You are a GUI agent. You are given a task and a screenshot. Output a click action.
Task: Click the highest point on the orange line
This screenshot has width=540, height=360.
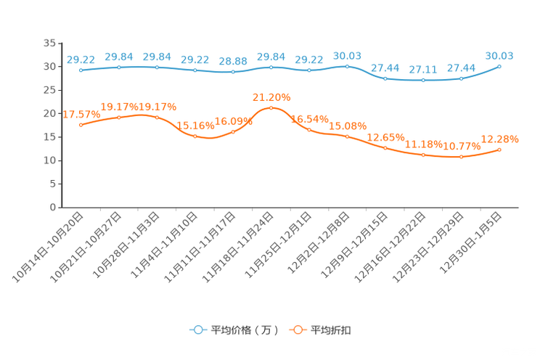click(x=271, y=107)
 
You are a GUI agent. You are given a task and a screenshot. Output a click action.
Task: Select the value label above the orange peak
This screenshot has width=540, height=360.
click(x=271, y=97)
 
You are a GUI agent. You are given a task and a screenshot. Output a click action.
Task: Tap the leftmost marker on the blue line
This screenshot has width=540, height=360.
click(x=81, y=70)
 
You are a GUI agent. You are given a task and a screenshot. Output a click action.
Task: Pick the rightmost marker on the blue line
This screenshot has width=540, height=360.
click(x=499, y=66)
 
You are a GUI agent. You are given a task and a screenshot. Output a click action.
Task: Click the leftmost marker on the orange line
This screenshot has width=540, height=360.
click(x=81, y=125)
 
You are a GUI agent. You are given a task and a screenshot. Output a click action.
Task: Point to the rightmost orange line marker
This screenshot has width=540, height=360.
click(x=499, y=150)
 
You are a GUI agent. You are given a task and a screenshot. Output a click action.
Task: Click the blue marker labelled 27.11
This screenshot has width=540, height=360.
click(x=423, y=79)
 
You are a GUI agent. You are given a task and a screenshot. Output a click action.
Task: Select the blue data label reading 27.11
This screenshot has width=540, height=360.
click(x=422, y=69)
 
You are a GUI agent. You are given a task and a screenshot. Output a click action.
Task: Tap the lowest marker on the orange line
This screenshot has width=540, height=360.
click(x=461, y=157)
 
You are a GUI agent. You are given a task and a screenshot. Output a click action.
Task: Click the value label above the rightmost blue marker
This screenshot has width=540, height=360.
click(x=499, y=54)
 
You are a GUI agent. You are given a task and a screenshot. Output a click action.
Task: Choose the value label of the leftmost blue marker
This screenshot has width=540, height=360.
click(x=81, y=59)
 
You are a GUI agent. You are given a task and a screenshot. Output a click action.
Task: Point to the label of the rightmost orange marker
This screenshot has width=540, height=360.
click(x=501, y=139)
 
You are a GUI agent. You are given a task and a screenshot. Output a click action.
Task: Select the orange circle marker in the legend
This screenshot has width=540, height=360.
click(x=297, y=330)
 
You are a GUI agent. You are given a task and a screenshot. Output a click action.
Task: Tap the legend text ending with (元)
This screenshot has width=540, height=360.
click(x=245, y=330)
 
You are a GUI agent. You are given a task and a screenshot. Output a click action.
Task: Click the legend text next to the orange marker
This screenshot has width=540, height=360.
click(x=332, y=330)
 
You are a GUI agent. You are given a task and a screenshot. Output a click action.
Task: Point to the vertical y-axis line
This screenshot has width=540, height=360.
click(x=58, y=123)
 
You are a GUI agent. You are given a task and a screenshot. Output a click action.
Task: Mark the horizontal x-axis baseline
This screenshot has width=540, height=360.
click(x=290, y=208)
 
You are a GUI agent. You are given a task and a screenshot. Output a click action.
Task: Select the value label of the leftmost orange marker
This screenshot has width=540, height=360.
click(x=81, y=114)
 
